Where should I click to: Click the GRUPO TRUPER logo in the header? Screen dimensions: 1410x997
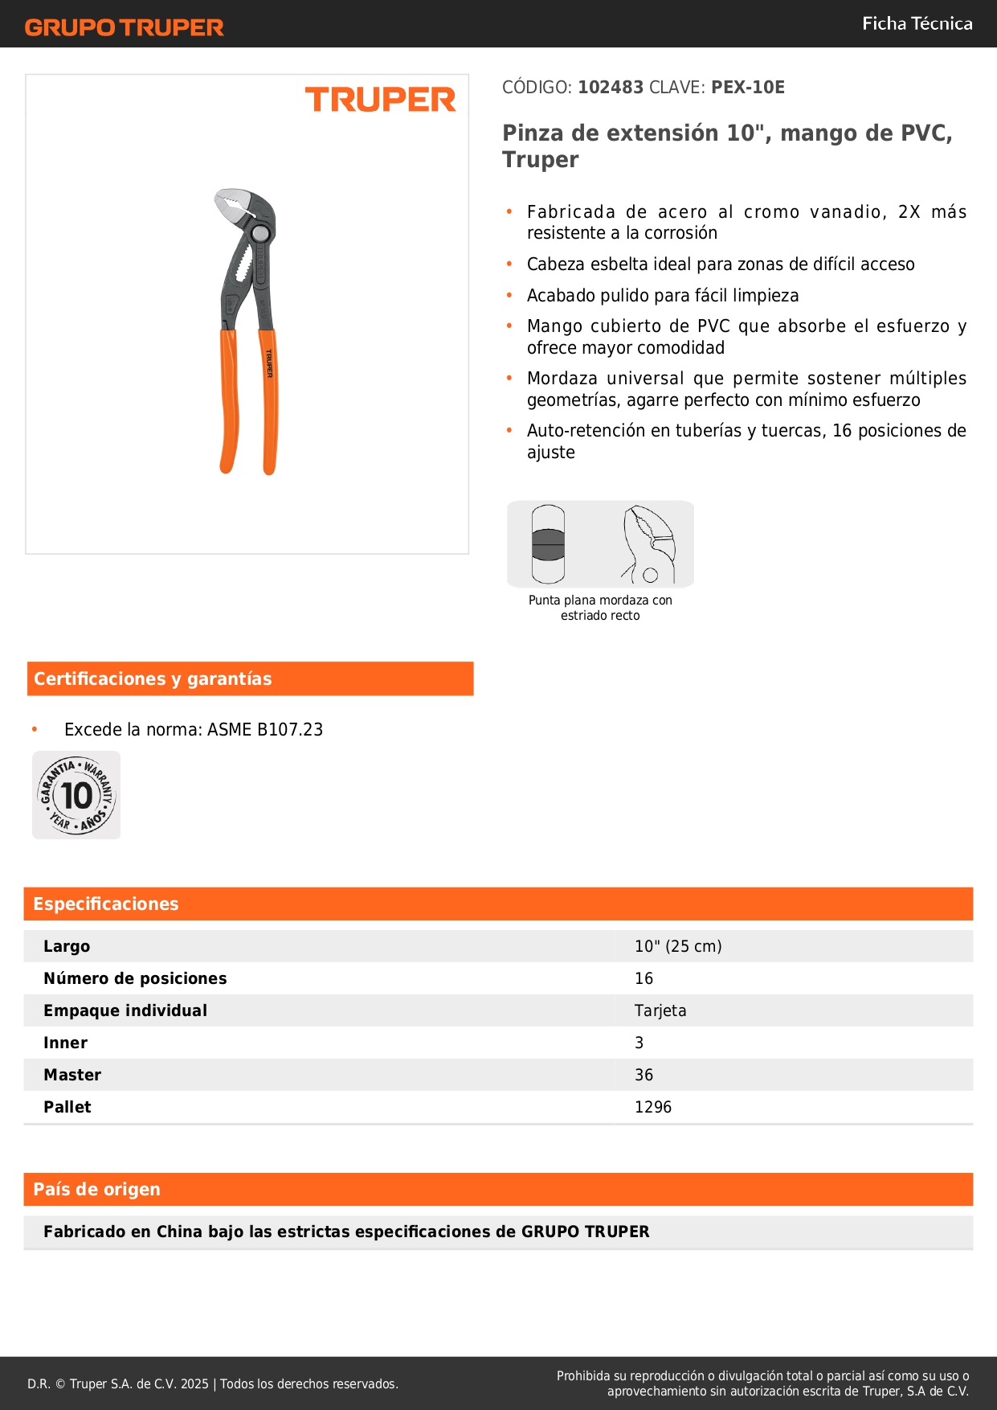124,27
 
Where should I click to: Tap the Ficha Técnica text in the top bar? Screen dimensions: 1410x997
917,24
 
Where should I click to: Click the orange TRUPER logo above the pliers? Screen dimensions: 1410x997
380,100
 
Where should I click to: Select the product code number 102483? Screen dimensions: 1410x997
611,88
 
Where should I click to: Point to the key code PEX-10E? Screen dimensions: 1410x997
747,88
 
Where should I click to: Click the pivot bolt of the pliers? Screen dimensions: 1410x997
259,234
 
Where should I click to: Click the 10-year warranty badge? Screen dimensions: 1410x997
76,795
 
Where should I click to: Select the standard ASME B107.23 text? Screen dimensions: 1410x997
265,730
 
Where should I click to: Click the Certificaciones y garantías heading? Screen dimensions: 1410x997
153,679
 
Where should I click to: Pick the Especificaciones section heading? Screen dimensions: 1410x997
106,904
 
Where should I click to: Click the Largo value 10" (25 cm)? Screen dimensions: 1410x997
678,947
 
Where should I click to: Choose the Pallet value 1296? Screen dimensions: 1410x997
652,1108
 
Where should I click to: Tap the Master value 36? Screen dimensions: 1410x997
644,1076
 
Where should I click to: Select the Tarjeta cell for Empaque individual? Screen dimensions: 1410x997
660,1011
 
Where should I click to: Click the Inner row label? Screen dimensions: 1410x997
66,1043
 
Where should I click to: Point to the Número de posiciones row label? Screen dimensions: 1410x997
135,979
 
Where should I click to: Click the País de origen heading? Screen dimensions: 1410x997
96,1190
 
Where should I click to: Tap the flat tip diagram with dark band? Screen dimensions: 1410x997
549,544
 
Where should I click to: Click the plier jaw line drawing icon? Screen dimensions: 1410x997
649,544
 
